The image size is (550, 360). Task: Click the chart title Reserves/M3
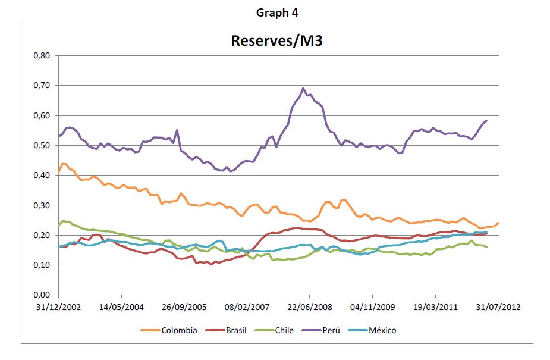[276, 40]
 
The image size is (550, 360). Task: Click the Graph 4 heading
[277, 12]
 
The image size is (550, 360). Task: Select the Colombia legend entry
[169, 330]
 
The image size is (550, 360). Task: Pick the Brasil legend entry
[226, 330]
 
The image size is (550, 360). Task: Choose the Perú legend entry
[321, 330]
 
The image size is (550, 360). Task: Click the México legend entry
[372, 330]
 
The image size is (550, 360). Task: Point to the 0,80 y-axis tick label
[42, 55]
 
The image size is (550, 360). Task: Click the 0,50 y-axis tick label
[42, 145]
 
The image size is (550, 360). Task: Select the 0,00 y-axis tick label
[42, 295]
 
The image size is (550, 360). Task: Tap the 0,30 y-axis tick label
[42, 205]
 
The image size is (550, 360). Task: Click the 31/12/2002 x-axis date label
[59, 308]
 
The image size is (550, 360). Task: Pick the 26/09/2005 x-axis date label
[184, 308]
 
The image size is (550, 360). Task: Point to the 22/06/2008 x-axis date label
[310, 308]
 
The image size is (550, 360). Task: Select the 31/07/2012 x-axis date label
[498, 308]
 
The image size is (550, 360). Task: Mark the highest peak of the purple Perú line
[303, 88]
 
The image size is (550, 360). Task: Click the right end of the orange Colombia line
[498, 223]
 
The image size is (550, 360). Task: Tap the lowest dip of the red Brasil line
[211, 264]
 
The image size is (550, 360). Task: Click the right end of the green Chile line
[486, 247]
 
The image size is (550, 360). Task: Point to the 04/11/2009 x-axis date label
[372, 308]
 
